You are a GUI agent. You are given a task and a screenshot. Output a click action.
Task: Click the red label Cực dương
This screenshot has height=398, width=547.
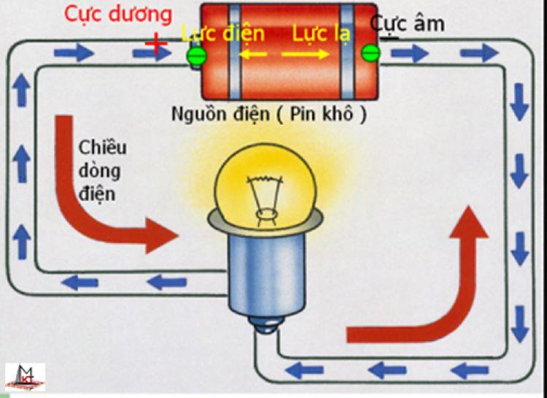point(119,14)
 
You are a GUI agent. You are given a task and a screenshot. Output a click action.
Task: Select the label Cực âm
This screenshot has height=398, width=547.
point(408,23)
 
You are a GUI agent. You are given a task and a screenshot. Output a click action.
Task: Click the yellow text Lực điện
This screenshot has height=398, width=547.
point(222,34)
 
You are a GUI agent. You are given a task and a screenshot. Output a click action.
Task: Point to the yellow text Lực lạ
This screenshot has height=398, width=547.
point(322,34)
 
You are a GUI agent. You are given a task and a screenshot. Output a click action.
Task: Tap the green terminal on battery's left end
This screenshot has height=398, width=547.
point(196,56)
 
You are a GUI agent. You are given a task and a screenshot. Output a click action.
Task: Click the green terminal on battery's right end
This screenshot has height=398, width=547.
point(371,53)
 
